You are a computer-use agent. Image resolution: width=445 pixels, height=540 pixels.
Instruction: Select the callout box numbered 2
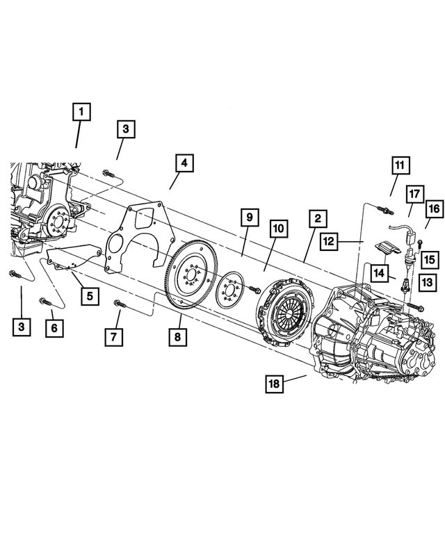click(316, 219)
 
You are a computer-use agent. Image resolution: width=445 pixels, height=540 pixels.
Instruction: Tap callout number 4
click(184, 164)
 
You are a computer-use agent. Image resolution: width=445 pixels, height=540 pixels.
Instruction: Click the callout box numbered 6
click(54, 326)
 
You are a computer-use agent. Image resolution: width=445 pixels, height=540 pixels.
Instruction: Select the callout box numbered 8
click(181, 338)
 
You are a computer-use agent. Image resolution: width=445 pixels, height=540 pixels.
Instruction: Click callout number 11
click(400, 165)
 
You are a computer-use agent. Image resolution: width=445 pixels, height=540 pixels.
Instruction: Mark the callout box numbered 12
click(330, 241)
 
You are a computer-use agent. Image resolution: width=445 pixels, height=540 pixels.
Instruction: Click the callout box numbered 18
click(277, 384)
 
